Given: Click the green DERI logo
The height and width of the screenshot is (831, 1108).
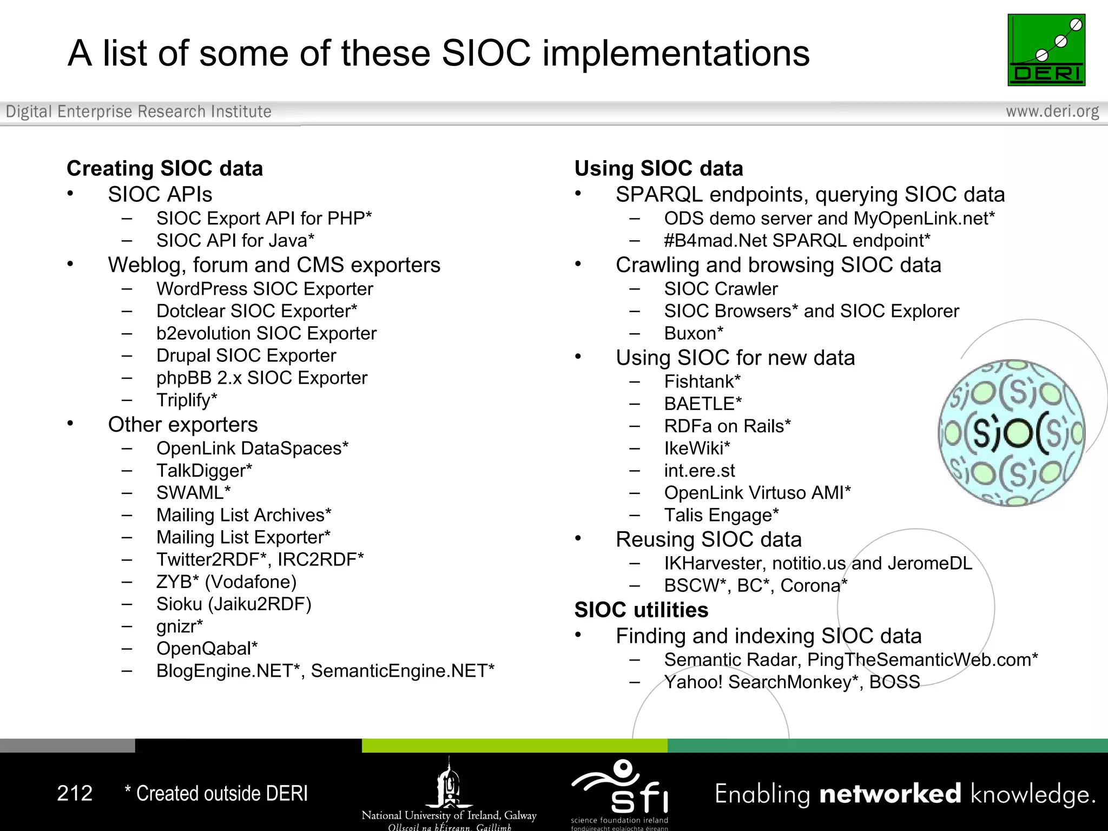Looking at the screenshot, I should click(1046, 50).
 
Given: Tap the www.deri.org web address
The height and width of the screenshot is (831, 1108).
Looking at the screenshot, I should click(1052, 111).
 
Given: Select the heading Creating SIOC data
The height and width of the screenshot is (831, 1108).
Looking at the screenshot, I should click(164, 168).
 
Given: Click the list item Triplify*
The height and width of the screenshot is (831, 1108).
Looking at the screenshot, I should click(187, 400).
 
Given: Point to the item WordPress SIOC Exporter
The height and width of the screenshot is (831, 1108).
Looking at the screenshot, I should click(265, 289).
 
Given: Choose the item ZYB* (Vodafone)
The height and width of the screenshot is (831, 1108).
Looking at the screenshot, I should click(226, 582).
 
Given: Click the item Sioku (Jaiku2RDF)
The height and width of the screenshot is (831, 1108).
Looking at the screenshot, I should click(234, 604).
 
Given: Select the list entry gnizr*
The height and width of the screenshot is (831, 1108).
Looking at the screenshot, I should click(179, 626).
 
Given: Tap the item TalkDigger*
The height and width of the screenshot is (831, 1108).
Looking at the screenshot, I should click(204, 471).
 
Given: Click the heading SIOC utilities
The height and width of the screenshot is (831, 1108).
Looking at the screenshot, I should click(641, 610).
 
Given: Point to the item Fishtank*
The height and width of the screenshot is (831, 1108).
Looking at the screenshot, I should click(702, 381).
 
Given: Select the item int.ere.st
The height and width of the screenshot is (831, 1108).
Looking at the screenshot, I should click(700, 471).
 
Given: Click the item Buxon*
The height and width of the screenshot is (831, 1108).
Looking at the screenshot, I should click(694, 333).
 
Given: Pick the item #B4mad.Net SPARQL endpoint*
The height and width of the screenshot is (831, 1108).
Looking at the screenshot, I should click(797, 240).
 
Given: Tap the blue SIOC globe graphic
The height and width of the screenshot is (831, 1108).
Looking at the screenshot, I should click(1011, 433).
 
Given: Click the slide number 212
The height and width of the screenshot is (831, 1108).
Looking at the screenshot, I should click(75, 793).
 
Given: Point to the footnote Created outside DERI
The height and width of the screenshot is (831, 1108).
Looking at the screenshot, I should click(216, 793).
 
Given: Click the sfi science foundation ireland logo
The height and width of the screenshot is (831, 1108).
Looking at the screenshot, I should click(620, 790).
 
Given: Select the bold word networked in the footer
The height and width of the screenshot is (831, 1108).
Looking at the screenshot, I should click(890, 794).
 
